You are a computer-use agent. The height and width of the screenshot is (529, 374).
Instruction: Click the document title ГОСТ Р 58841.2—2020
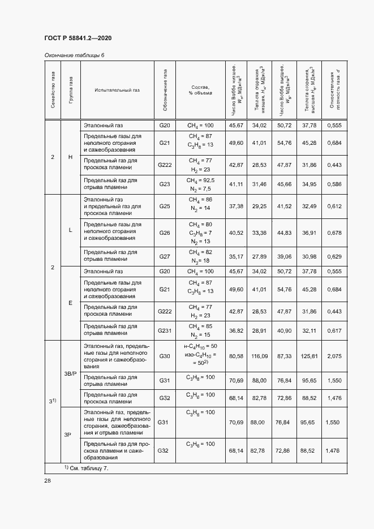point(78,38)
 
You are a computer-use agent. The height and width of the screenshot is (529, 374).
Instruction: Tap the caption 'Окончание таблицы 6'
point(74,54)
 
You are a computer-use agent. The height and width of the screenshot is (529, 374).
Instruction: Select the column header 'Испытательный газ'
point(109,90)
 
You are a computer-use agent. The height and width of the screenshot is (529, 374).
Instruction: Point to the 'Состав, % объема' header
point(201,90)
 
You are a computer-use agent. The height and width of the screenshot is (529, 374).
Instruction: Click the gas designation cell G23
point(165,184)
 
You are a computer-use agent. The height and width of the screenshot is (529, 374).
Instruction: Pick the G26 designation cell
point(165,233)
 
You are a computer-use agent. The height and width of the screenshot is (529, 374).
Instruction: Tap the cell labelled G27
point(165,256)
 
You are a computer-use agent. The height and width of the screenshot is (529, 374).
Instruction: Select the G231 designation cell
point(165,330)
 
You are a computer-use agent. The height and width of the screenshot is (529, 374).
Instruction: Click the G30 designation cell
point(165,356)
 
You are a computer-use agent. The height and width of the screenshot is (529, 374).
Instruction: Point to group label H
point(70,157)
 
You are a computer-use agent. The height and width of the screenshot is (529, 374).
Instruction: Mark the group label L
point(70,230)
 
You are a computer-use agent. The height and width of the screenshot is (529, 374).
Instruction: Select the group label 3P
point(68,435)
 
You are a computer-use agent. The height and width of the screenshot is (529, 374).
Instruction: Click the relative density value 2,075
point(334,356)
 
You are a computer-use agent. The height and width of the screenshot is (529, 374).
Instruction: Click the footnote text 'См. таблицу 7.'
point(88,469)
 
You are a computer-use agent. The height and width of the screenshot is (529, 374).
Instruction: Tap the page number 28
point(48,480)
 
